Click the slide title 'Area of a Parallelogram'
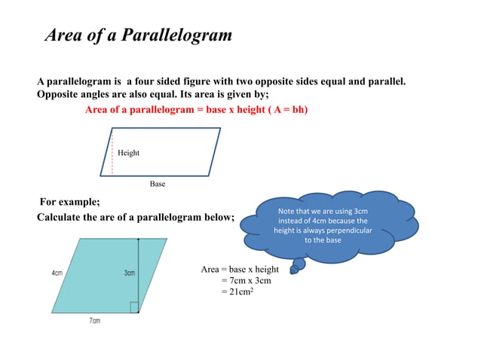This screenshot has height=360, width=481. [139, 35]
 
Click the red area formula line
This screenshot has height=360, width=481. [196, 110]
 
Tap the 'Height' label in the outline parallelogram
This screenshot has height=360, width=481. [128, 153]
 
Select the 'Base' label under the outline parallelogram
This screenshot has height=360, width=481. [157, 184]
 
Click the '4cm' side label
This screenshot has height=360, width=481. [57, 273]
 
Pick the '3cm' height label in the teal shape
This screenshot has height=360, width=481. [129, 273]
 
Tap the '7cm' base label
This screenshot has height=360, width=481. [95, 321]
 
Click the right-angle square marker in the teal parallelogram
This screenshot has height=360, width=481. [133, 307]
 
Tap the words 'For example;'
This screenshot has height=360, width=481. [69, 202]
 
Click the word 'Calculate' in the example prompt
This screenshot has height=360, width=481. [63, 217]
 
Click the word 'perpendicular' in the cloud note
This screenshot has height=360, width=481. [346, 230]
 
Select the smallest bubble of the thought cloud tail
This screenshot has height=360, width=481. [294, 270]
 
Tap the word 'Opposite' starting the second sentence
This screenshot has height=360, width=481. [60, 94]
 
